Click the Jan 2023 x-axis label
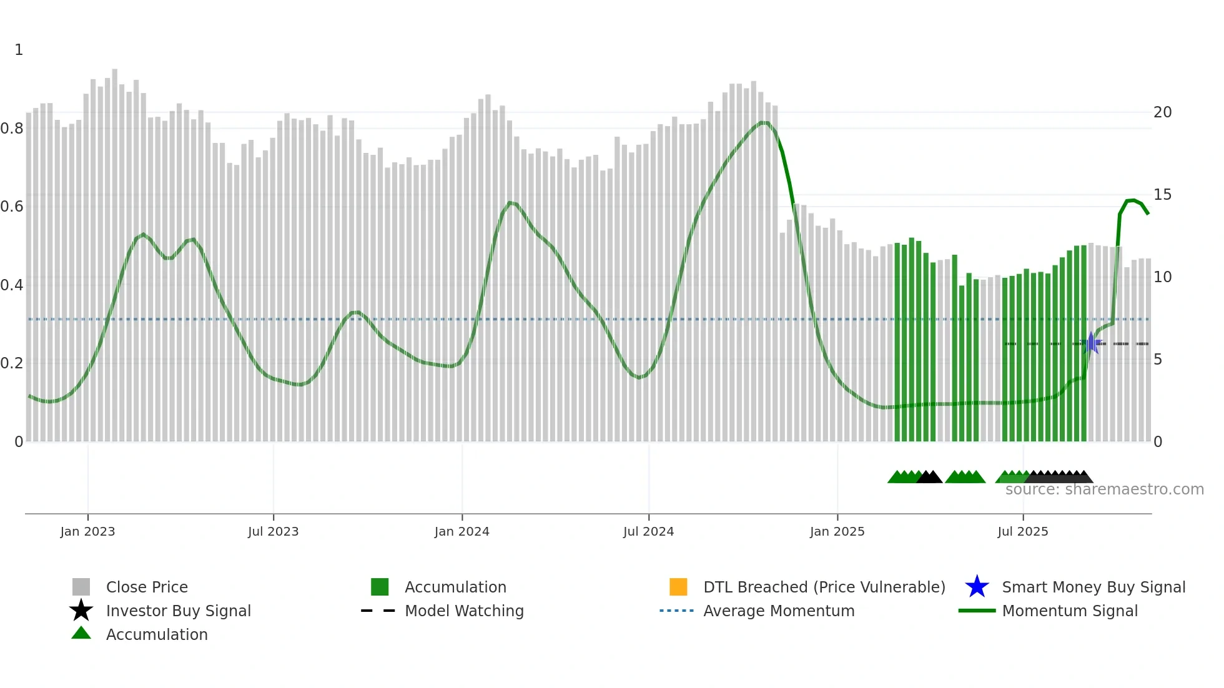tap(87, 531)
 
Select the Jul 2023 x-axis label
tap(273, 531)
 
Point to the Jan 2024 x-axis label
tap(461, 531)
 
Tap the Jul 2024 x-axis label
tap(648, 531)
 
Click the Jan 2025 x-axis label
tap(837, 531)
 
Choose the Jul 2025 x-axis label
tap(1022, 531)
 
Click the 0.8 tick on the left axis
tap(12, 129)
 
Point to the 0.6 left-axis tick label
tap(12, 207)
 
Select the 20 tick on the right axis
tap(1162, 112)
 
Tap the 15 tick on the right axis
tap(1162, 195)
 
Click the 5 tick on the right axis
tap(1158, 360)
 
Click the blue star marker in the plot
tap(1091, 343)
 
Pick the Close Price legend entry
tap(147, 587)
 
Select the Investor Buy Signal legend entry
tap(178, 611)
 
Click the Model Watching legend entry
tap(464, 611)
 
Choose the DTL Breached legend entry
tap(824, 587)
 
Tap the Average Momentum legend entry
tap(779, 611)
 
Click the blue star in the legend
tap(977, 587)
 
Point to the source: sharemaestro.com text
tap(1104, 489)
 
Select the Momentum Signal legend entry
tap(1070, 611)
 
